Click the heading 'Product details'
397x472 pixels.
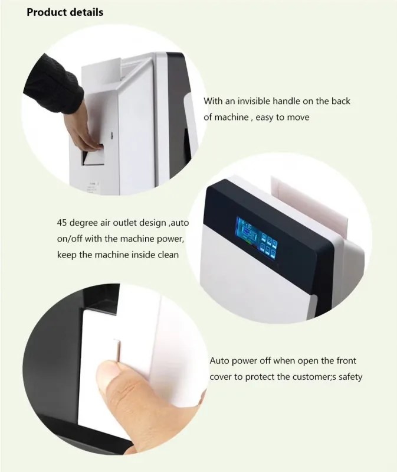click(65, 12)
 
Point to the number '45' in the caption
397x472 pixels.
click(62, 223)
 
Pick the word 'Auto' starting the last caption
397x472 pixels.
click(219, 360)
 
